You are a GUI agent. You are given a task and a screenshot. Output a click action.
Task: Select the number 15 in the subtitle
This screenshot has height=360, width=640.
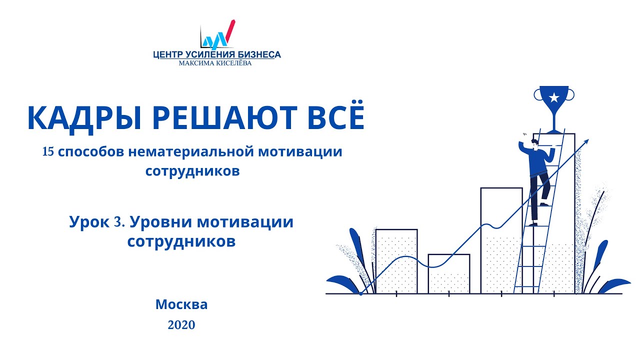coord(48,152)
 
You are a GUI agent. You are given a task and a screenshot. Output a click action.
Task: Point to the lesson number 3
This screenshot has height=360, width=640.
coord(118,222)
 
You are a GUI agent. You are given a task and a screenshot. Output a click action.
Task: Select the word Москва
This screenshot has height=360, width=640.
coord(181,304)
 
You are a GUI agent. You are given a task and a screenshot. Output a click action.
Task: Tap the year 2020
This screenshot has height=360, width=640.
coord(181,325)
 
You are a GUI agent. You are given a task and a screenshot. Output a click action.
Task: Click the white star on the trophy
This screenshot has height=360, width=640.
coord(553,97)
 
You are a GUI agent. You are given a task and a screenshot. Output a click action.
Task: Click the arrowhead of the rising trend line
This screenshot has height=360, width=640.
coord(586,142)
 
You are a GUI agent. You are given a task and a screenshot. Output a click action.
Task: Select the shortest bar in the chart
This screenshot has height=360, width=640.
coord(449,273)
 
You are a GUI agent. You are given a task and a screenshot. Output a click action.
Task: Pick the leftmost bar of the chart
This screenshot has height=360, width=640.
coord(396,260)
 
